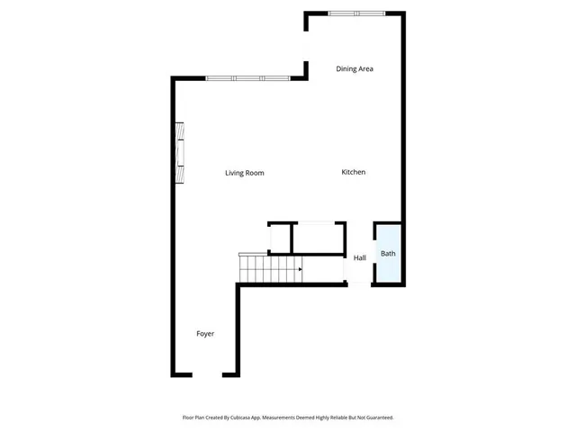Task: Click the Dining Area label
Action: coord(355,68)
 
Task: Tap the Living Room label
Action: coord(244,173)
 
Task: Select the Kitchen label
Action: coord(353,172)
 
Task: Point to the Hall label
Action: coord(359,258)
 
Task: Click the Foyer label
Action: coord(205,334)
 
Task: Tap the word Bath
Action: coord(388,254)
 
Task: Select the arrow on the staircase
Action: coord(299,268)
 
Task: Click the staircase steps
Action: coord(267,268)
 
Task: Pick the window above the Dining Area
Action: coord(356,13)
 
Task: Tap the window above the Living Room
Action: coord(247,78)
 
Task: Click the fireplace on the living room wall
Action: coord(179,153)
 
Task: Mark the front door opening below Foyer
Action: coord(214,374)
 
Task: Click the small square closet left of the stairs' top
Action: coord(279,238)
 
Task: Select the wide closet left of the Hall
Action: coord(319,238)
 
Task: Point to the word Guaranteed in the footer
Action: coord(376,418)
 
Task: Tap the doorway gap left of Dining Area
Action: coord(307,45)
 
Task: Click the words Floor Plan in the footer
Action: coord(195,418)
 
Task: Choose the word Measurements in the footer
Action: coord(286,418)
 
